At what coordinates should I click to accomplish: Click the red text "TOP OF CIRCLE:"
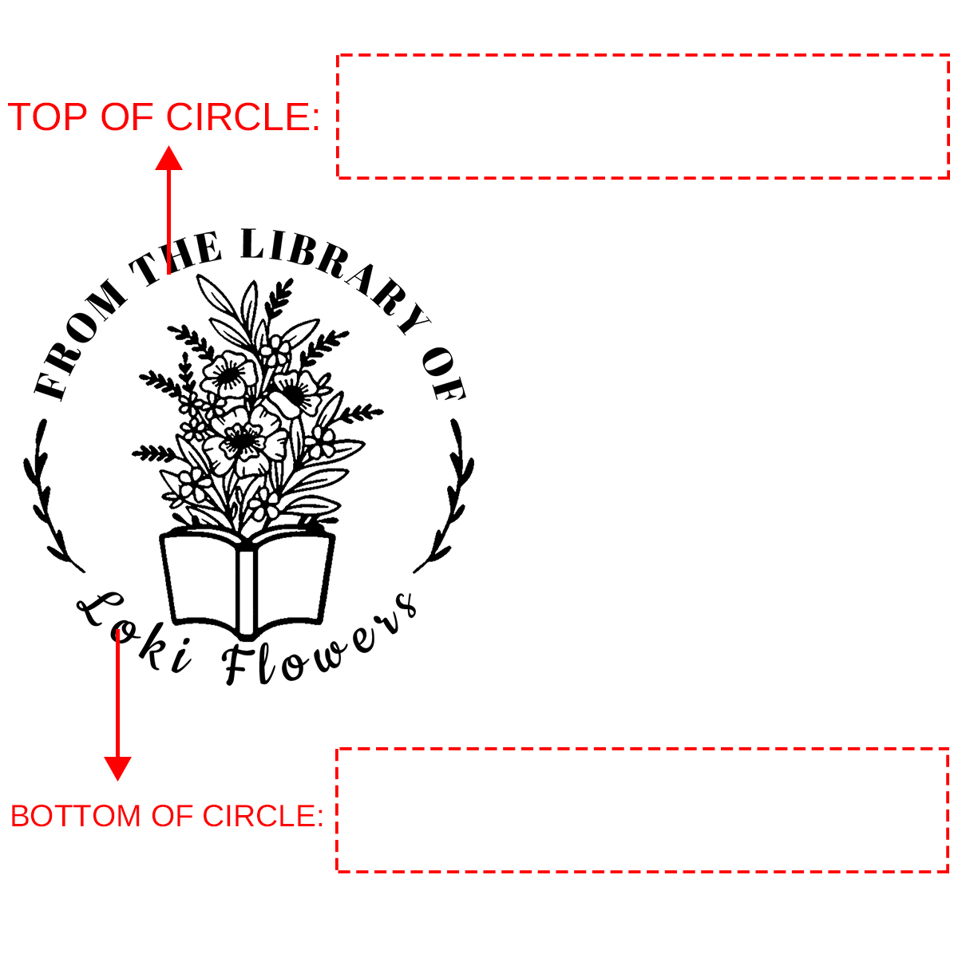click(164, 117)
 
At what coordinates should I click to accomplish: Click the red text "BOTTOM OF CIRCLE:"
click(167, 816)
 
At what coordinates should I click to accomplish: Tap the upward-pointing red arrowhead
click(168, 158)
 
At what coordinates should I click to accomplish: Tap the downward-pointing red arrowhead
click(117, 769)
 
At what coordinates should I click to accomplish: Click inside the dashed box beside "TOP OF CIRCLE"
click(643, 117)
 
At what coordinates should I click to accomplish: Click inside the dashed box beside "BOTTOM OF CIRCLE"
click(643, 810)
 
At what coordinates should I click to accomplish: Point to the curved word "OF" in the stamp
click(444, 373)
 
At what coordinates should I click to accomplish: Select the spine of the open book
click(247, 592)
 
